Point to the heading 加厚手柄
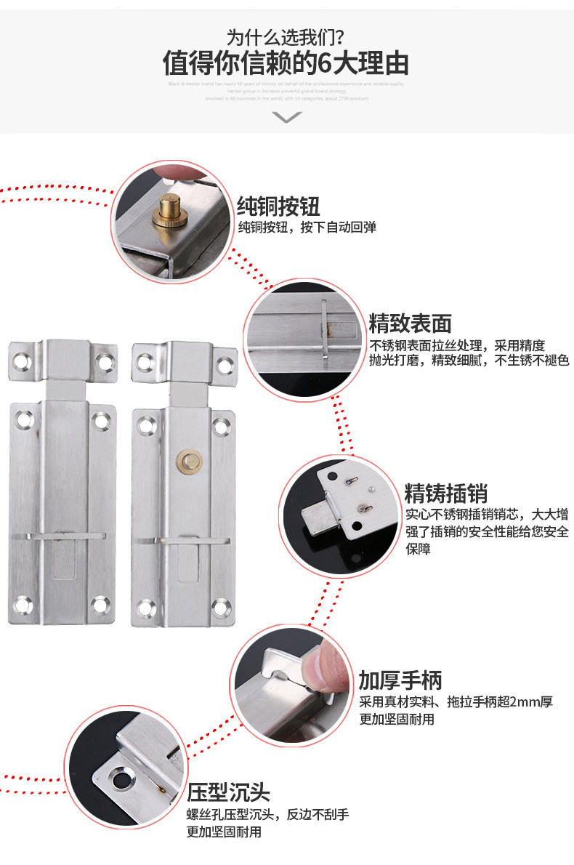[x=400, y=680]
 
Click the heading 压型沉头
[x=228, y=791]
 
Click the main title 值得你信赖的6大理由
[x=286, y=63]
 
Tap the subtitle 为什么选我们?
[x=286, y=36]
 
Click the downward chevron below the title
[x=286, y=117]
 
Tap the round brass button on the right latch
[x=187, y=459]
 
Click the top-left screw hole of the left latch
[x=23, y=359]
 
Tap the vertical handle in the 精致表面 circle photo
[x=324, y=330]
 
